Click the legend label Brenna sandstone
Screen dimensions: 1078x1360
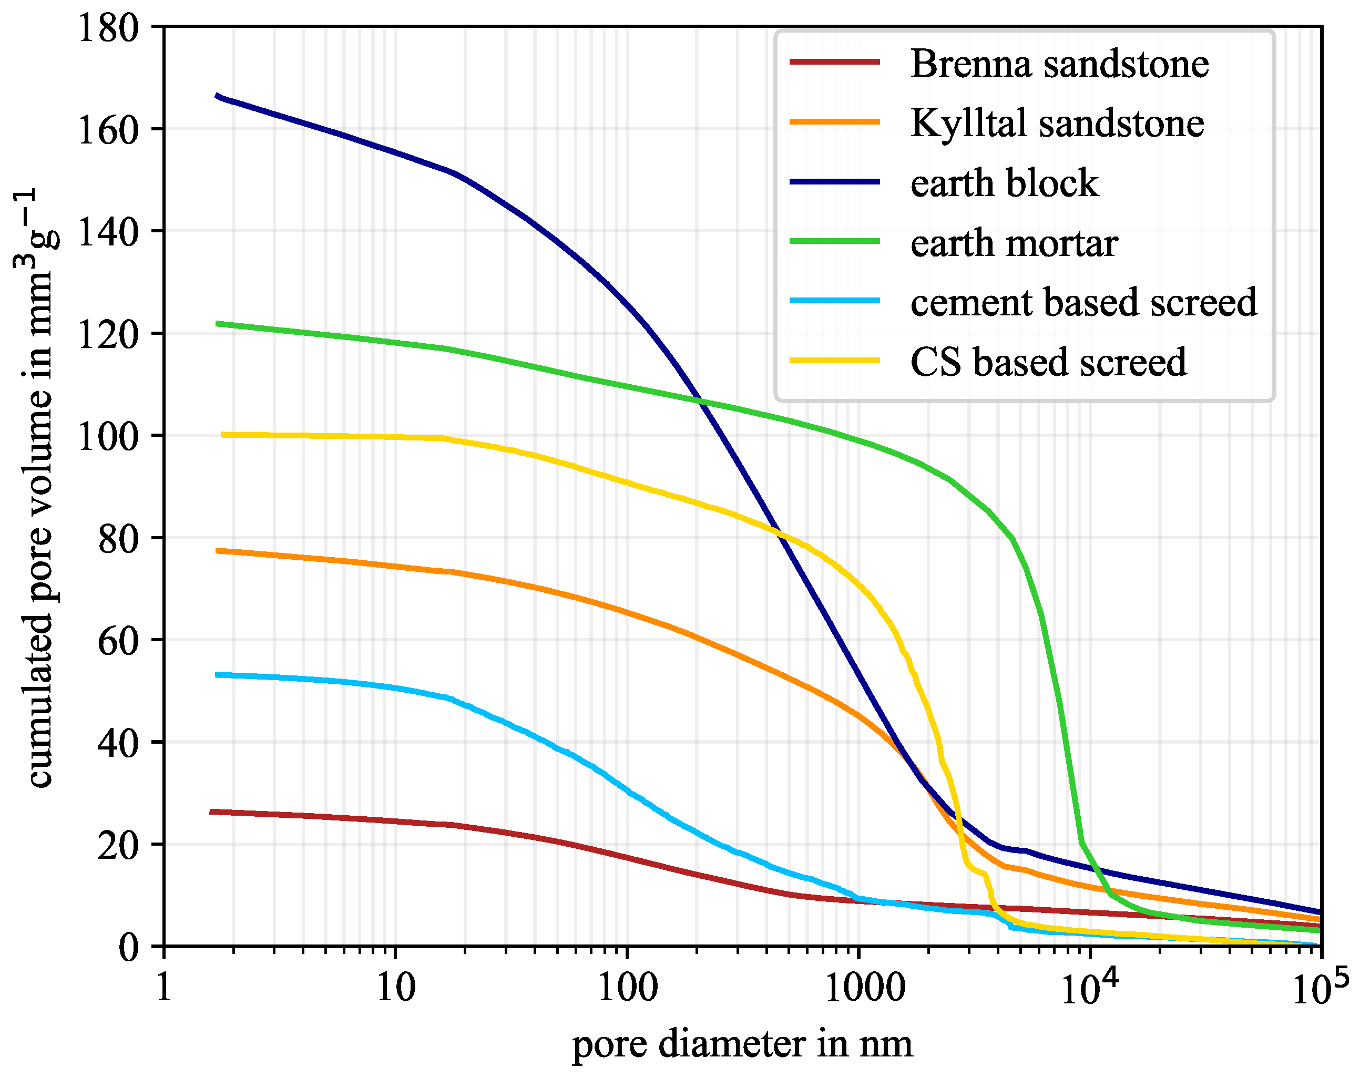pos(1059,64)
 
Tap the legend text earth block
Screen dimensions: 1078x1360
pos(1004,183)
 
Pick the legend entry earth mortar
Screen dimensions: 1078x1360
pos(1014,243)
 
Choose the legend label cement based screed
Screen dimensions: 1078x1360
pos(1083,302)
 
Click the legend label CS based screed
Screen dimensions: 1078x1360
pos(1048,362)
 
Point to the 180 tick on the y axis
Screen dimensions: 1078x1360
pos(107,28)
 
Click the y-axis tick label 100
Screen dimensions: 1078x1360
pos(107,436)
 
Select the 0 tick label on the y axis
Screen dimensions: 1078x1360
pos(128,947)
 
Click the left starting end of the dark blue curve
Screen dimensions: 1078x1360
pos(217,96)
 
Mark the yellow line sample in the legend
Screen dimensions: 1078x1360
pos(834,361)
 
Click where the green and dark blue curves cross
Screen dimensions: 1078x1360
pos(699,401)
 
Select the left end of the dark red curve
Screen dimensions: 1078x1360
pos(212,812)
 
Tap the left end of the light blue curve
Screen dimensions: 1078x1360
pos(218,675)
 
